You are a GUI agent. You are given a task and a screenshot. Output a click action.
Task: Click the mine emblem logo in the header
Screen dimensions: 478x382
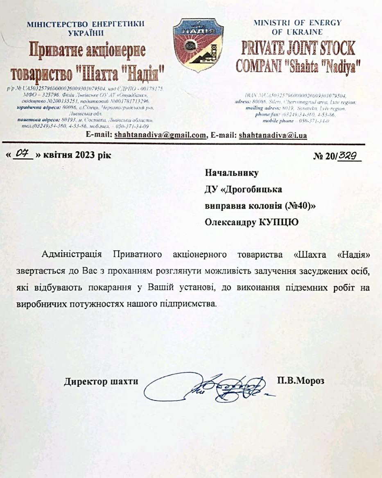point(199,45)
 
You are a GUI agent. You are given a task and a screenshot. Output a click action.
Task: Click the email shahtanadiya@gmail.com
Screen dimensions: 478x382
point(160,135)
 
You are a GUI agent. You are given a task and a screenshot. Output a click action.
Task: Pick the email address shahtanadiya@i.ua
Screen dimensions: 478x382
point(273,135)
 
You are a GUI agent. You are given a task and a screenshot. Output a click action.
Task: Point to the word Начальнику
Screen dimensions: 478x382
point(232,173)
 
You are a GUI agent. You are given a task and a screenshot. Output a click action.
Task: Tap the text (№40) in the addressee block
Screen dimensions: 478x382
point(299,206)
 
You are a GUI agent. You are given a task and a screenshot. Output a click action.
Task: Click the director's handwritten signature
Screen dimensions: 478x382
point(209,387)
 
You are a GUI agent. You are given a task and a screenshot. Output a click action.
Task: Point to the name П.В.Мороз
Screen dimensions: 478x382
point(301,381)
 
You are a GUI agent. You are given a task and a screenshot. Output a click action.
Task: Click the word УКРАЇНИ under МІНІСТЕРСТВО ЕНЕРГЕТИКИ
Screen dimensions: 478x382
point(86,32)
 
